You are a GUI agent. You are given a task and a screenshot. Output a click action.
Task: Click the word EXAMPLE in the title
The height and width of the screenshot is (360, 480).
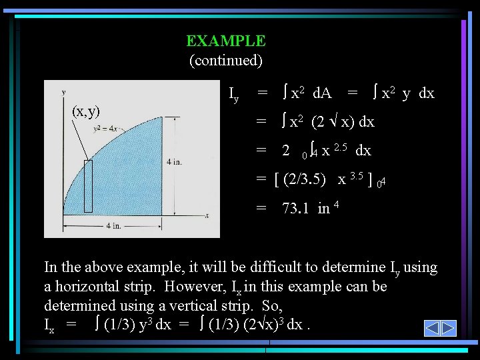[226, 41]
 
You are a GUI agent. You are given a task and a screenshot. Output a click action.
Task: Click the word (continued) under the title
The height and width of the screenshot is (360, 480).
[226, 61]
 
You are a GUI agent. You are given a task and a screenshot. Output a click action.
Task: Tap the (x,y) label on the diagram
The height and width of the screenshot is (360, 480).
[86, 111]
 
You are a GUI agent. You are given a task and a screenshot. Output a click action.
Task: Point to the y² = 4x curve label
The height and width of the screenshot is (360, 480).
[106, 128]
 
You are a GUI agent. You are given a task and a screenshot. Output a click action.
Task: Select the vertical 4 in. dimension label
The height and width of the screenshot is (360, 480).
[175, 162]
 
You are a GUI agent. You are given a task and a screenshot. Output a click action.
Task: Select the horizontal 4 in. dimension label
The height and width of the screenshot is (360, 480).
[113, 226]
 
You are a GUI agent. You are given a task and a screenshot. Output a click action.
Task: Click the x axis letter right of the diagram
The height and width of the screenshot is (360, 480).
[207, 215]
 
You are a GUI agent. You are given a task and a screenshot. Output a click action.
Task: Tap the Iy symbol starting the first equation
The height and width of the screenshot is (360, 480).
[233, 95]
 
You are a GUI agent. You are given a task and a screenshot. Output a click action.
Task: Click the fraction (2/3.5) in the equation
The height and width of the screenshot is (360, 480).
[305, 179]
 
